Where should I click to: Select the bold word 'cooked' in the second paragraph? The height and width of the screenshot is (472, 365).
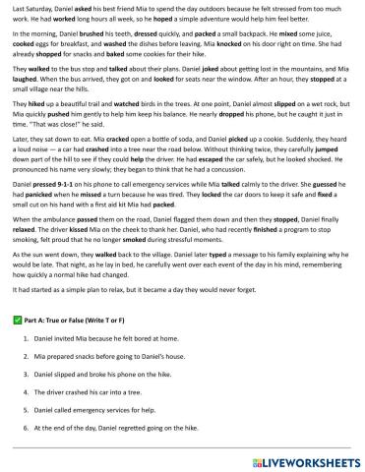pos(26,54)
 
